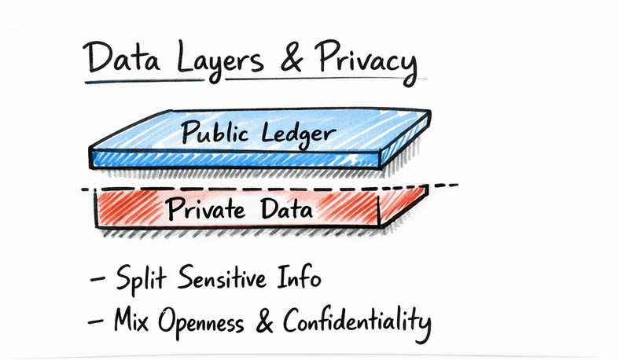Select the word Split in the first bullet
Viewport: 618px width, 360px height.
click(x=140, y=281)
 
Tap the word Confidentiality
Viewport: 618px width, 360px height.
click(x=359, y=321)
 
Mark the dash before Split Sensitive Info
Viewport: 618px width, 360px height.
click(x=99, y=281)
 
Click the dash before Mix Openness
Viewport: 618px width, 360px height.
click(x=99, y=321)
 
